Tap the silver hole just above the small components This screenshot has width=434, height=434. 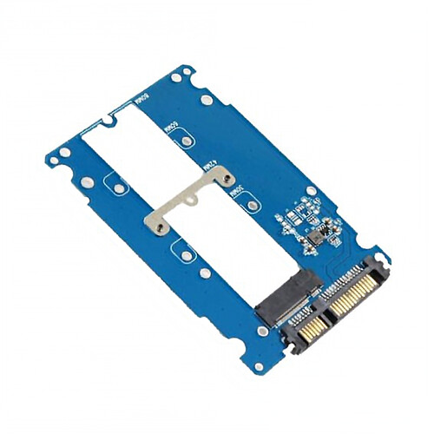(x=311, y=191)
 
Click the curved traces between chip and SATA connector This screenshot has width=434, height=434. (x=334, y=256)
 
